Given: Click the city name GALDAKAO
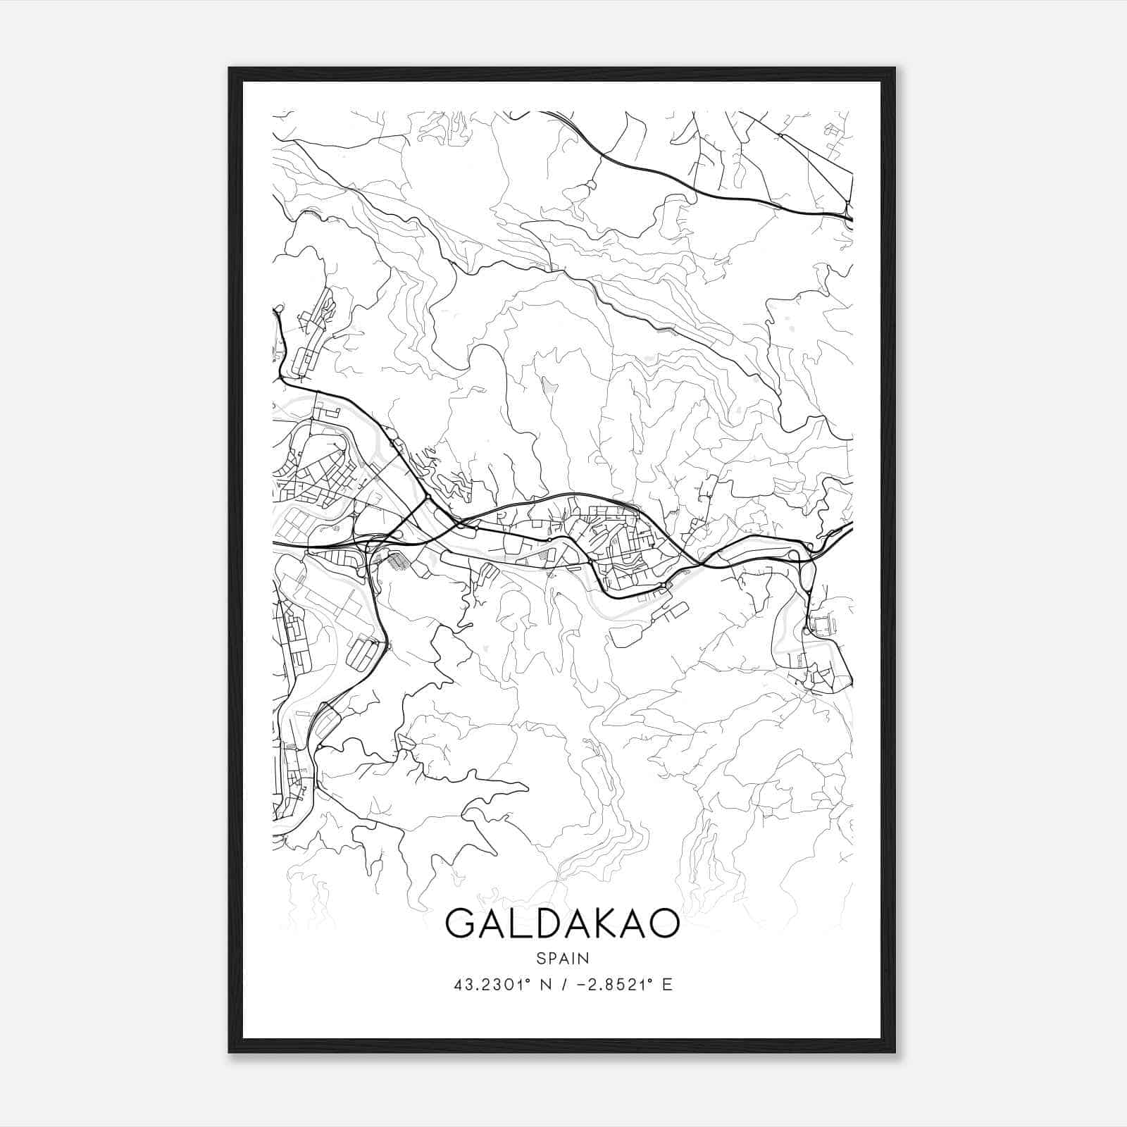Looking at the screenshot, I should [x=563, y=923].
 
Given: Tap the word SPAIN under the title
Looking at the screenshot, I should [x=563, y=958].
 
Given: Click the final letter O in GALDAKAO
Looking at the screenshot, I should [x=664, y=923].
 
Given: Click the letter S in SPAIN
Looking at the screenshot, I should [x=540, y=958].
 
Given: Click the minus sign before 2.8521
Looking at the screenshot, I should [x=581, y=985].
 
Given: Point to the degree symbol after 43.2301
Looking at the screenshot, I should [x=528, y=980].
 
